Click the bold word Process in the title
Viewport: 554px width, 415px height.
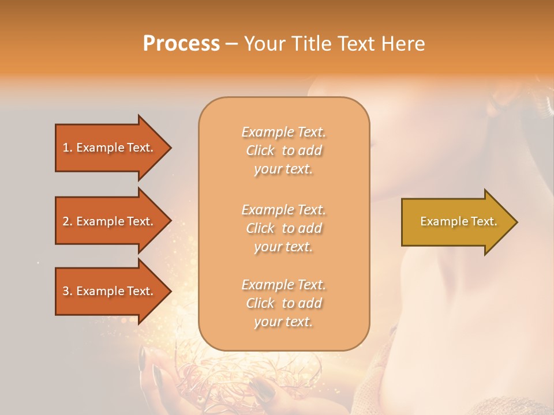(181, 43)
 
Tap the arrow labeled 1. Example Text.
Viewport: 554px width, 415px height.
(110, 148)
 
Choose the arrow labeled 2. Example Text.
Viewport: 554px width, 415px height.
(110, 221)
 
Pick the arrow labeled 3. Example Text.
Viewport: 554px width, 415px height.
(110, 291)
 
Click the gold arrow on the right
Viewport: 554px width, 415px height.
(456, 222)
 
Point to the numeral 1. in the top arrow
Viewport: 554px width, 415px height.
(68, 148)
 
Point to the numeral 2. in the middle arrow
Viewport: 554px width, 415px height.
(68, 221)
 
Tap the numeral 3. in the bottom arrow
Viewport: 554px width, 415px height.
(68, 291)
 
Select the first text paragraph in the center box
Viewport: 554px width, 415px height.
(283, 150)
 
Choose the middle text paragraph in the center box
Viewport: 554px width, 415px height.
(283, 228)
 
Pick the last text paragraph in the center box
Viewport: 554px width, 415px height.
(283, 303)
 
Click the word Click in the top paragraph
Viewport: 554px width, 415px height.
(260, 150)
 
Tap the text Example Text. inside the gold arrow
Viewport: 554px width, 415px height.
(458, 221)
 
